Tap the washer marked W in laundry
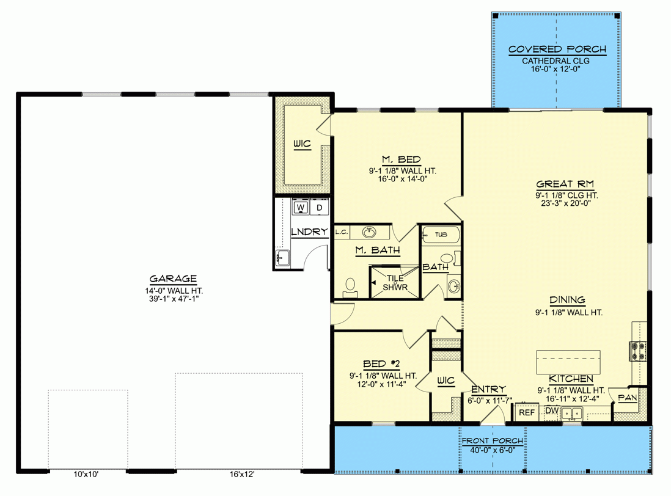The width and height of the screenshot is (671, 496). coord(301,208)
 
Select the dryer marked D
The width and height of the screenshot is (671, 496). coord(319,208)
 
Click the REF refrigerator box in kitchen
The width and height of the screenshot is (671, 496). coord(526,413)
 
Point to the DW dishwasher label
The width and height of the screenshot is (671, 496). coord(552,411)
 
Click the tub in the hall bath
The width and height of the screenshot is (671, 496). coord(439,234)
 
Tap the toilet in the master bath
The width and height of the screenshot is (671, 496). coord(350,286)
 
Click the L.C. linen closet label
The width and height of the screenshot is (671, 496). coord(342,232)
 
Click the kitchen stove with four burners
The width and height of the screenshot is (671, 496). coord(637,351)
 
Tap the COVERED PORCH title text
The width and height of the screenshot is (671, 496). coord(557,49)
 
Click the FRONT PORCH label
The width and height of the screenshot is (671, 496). coord(492,441)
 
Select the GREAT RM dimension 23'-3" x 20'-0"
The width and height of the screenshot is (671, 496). coord(565,205)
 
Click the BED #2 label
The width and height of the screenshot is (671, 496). coord(381,362)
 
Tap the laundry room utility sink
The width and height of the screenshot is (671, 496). coord(282,258)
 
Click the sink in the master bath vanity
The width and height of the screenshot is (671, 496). coord(369,232)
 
